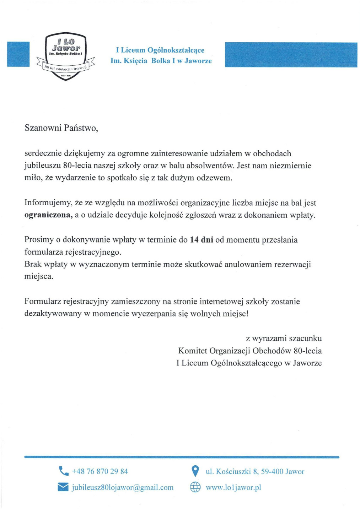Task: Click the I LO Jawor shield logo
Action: point(66,56)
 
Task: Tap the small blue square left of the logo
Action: point(18,54)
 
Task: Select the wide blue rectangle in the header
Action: point(291,54)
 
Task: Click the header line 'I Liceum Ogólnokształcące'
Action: point(160,50)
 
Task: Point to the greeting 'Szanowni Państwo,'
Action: point(61,128)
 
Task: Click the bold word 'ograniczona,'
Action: point(49,215)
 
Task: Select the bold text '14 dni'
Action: point(202,240)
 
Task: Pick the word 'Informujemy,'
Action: point(48,203)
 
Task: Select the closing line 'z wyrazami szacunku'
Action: point(284,339)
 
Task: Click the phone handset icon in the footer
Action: point(63,471)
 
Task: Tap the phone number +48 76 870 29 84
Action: point(100,471)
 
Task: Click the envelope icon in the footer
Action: point(63,487)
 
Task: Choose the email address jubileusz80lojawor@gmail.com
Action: point(123,487)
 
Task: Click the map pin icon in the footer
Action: point(195,471)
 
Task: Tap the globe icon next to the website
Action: point(195,487)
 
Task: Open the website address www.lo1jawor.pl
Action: point(233,487)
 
